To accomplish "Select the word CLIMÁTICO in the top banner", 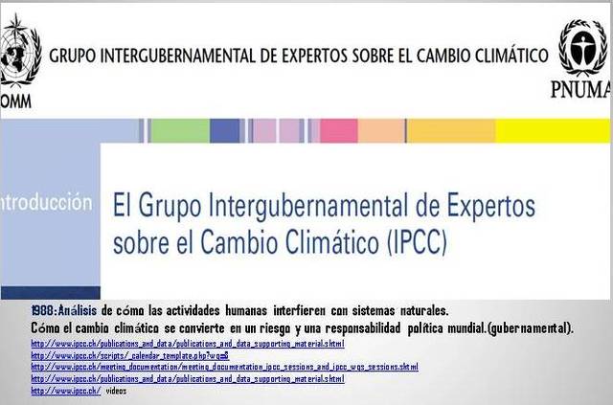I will (x=501, y=56).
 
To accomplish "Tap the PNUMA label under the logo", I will (x=580, y=90).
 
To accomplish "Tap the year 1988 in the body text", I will (x=44, y=310).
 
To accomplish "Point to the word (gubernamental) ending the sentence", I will (x=530, y=327).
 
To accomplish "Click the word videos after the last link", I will (x=116, y=391).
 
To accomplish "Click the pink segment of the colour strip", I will (x=338, y=130).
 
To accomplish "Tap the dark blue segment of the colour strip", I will (x=224, y=130).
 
